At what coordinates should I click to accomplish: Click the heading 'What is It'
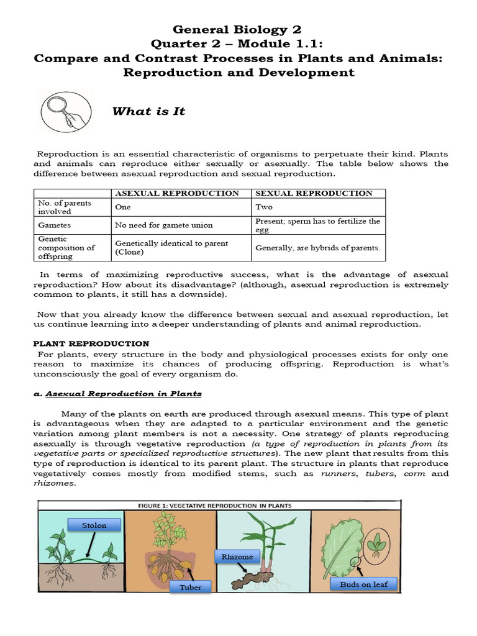click(148, 112)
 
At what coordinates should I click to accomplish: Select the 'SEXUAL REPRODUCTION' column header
click(314, 193)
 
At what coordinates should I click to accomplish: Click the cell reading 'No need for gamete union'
click(163, 225)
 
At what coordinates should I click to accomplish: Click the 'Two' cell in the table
click(264, 207)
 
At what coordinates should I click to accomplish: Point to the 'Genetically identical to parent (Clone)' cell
click(171, 248)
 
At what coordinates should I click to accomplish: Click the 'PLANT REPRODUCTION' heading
click(91, 343)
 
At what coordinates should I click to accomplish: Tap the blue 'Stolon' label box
click(94, 525)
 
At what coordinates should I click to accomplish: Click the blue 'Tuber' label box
click(190, 587)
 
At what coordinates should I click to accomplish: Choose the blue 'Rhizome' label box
click(237, 556)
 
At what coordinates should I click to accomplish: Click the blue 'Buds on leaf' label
click(363, 584)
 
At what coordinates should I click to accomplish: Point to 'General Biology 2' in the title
click(238, 30)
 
